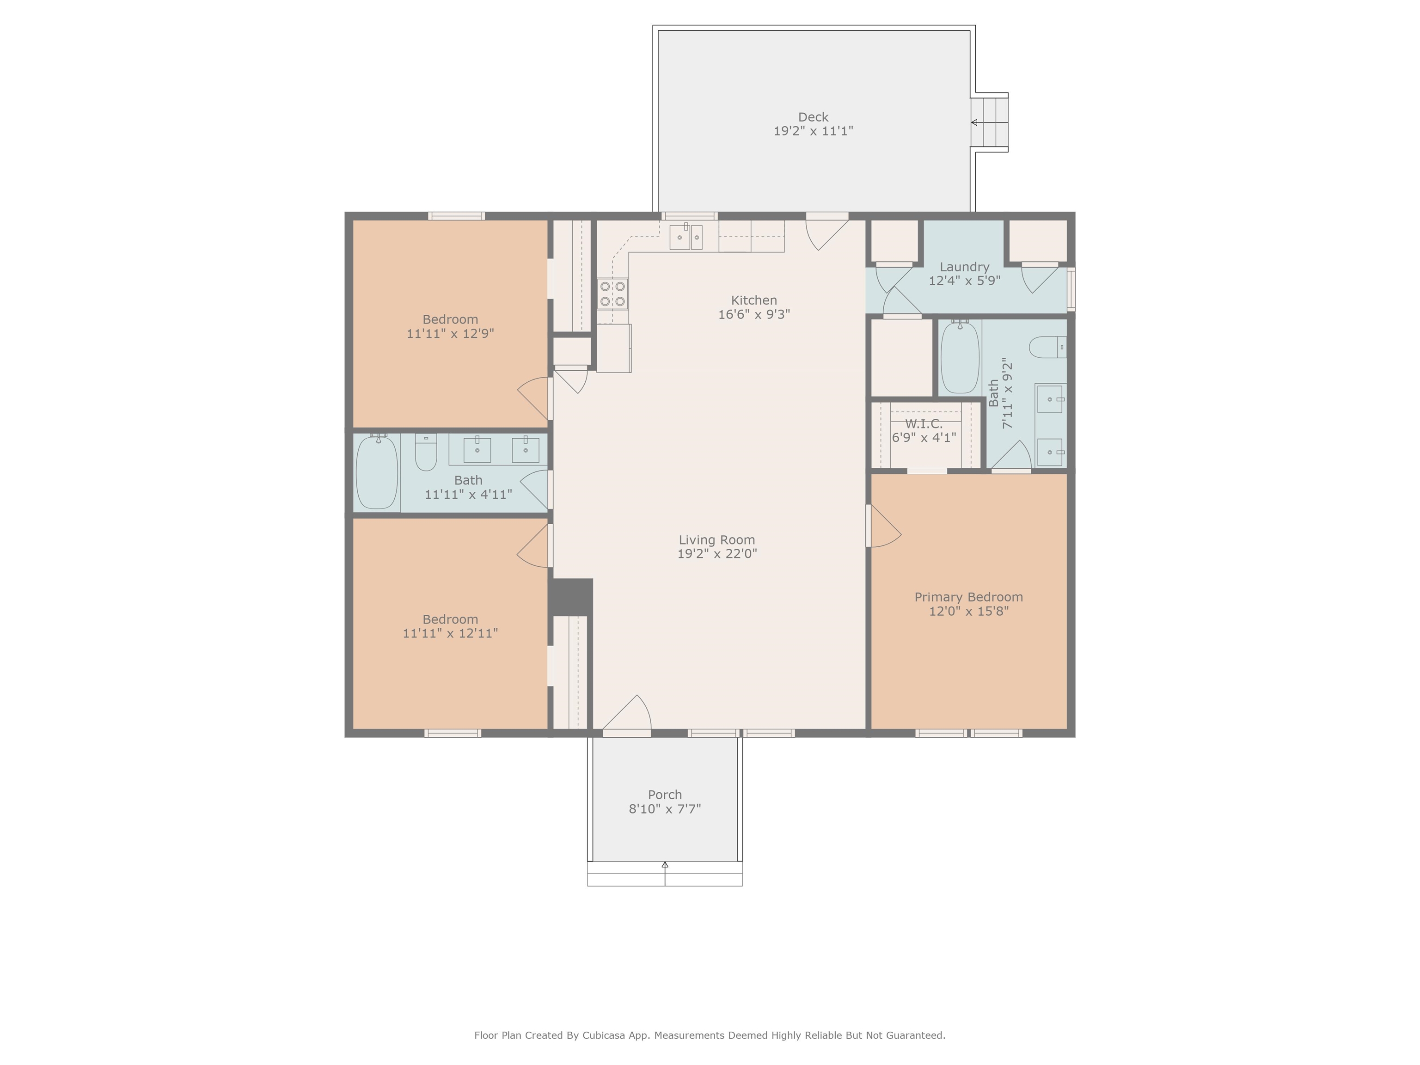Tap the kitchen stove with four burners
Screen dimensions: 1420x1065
click(x=613, y=294)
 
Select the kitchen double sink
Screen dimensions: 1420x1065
click(x=686, y=237)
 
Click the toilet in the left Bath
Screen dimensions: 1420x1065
click(x=426, y=452)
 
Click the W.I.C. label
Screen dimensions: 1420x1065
click(x=924, y=424)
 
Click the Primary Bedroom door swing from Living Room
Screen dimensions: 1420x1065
click(x=884, y=526)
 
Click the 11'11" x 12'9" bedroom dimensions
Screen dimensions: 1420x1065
click(x=450, y=334)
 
